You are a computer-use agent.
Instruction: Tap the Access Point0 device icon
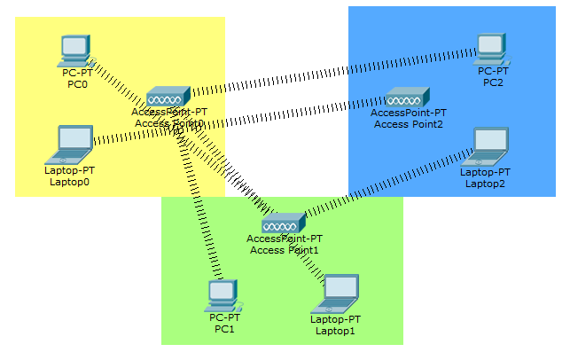click(x=168, y=97)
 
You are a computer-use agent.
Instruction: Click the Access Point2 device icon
click(x=408, y=97)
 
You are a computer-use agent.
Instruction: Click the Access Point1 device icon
click(x=284, y=223)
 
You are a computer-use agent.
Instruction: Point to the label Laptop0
click(x=69, y=182)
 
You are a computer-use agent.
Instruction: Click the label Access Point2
click(x=409, y=124)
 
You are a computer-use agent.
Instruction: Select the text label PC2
click(x=493, y=82)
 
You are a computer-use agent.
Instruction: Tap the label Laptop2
click(x=485, y=184)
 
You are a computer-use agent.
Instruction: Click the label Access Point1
click(x=285, y=250)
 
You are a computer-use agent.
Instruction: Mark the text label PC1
click(x=224, y=329)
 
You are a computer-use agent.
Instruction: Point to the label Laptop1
click(x=335, y=331)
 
